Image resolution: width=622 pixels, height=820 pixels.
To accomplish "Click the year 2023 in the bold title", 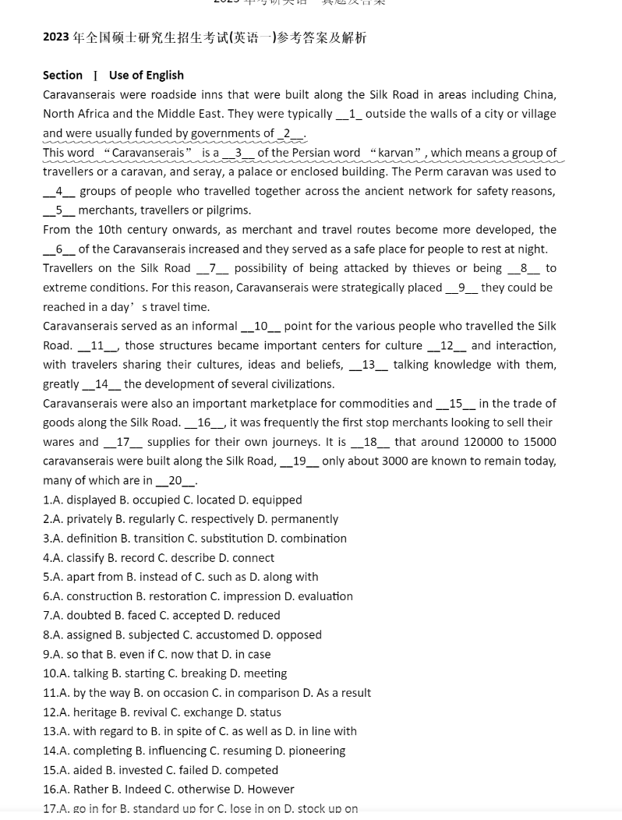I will [x=56, y=37].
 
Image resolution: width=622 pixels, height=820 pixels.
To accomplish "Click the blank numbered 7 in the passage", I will [x=212, y=268].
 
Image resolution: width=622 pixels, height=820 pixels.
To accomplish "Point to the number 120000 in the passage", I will [x=482, y=442].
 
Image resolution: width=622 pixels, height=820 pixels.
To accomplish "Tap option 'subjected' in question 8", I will [x=154, y=634].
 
